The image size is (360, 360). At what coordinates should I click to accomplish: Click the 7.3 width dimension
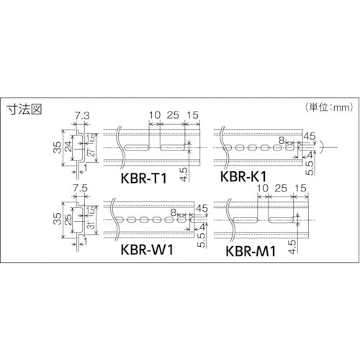pyautogui.click(x=81, y=114)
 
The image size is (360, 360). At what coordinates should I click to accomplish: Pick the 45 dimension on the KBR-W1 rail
pyautogui.click(x=201, y=210)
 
